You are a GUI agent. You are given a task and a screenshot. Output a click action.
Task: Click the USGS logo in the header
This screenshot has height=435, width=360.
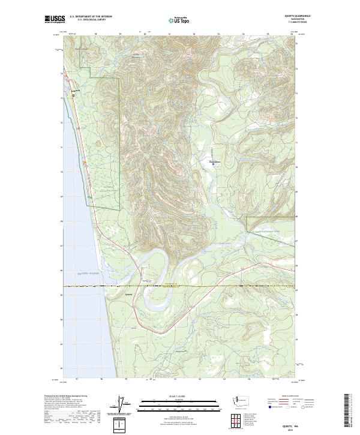tap(55, 19)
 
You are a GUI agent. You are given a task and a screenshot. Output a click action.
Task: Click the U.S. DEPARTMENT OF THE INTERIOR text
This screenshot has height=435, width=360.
tap(89, 17)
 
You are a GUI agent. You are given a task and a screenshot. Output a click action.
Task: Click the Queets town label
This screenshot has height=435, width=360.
tap(128, 295)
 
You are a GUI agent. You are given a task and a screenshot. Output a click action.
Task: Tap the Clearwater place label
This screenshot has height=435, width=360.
tap(214, 161)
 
